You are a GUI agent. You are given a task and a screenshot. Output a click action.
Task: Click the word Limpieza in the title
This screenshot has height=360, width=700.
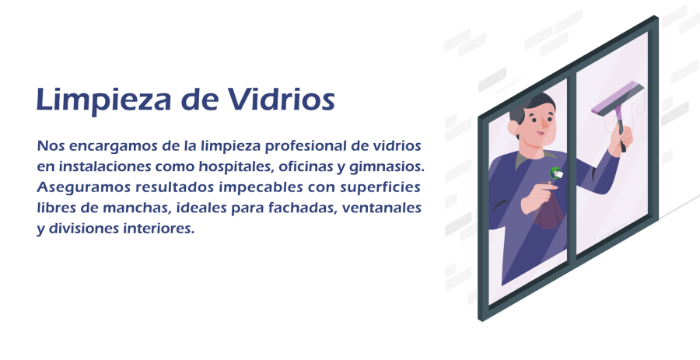(x=103, y=100)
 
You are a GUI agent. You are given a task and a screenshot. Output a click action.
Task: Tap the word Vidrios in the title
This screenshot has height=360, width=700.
(x=282, y=99)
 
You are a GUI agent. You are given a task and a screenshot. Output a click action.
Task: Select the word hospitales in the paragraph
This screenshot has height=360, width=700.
(x=236, y=167)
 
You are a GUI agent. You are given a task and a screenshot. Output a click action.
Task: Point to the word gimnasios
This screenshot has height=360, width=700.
(x=387, y=167)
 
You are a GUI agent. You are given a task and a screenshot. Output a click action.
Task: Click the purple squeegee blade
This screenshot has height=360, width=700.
(x=618, y=99)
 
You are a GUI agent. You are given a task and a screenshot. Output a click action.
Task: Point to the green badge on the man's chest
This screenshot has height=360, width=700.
(x=556, y=173)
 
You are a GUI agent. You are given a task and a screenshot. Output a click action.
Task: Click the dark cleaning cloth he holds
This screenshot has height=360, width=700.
(x=548, y=211)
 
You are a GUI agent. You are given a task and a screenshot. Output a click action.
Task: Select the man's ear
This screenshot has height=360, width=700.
(x=513, y=128)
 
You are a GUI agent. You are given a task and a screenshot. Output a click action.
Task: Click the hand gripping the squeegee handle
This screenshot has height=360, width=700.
(x=621, y=139)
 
